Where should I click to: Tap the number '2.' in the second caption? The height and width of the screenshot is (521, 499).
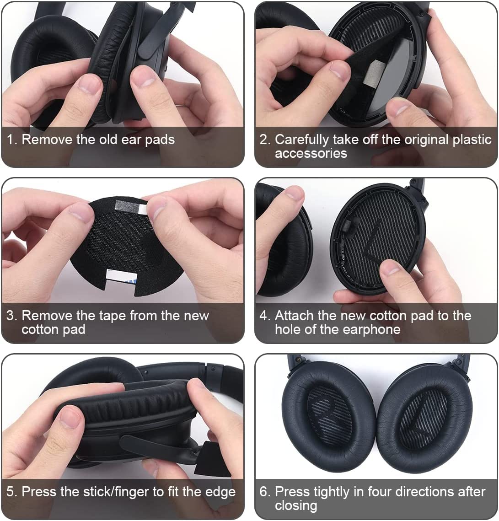pyautogui.click(x=265, y=140)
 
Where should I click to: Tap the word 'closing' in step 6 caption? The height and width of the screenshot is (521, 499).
pyautogui.click(x=295, y=506)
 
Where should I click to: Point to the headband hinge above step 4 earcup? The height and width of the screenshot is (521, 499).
pyautogui.click(x=417, y=188)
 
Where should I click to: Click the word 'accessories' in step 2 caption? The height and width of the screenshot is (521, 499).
pyautogui.click(x=311, y=154)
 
